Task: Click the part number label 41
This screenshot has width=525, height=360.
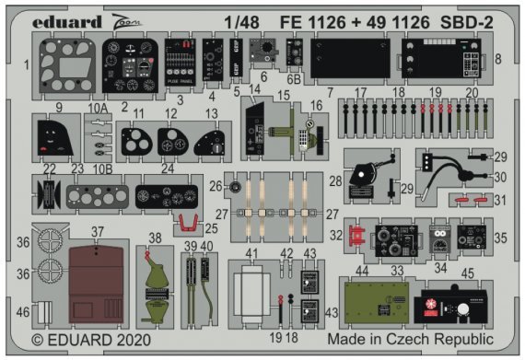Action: pos(251,253)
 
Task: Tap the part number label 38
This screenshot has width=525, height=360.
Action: pos(155,238)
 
